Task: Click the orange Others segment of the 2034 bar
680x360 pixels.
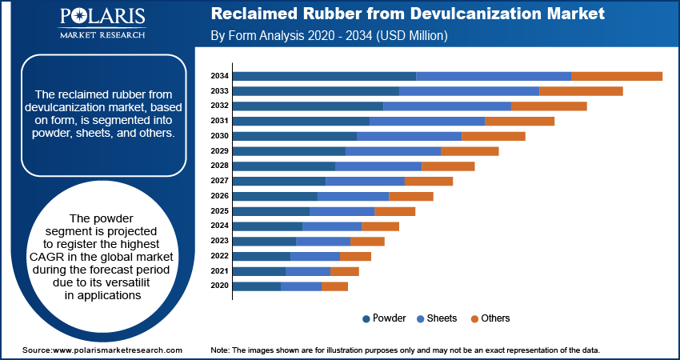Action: [616, 76]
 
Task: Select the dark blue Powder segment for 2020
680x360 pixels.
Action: [257, 286]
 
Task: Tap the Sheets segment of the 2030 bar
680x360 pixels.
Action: [409, 136]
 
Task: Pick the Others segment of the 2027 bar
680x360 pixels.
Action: [428, 181]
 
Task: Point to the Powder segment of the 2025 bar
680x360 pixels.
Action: [271, 211]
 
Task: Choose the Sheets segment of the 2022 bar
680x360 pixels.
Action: [315, 256]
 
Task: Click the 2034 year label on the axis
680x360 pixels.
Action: [220, 76]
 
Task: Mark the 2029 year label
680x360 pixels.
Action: [220, 151]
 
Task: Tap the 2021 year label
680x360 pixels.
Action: [220, 271]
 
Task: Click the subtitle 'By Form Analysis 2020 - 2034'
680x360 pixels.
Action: [328, 36]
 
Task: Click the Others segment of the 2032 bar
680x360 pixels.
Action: [549, 106]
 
